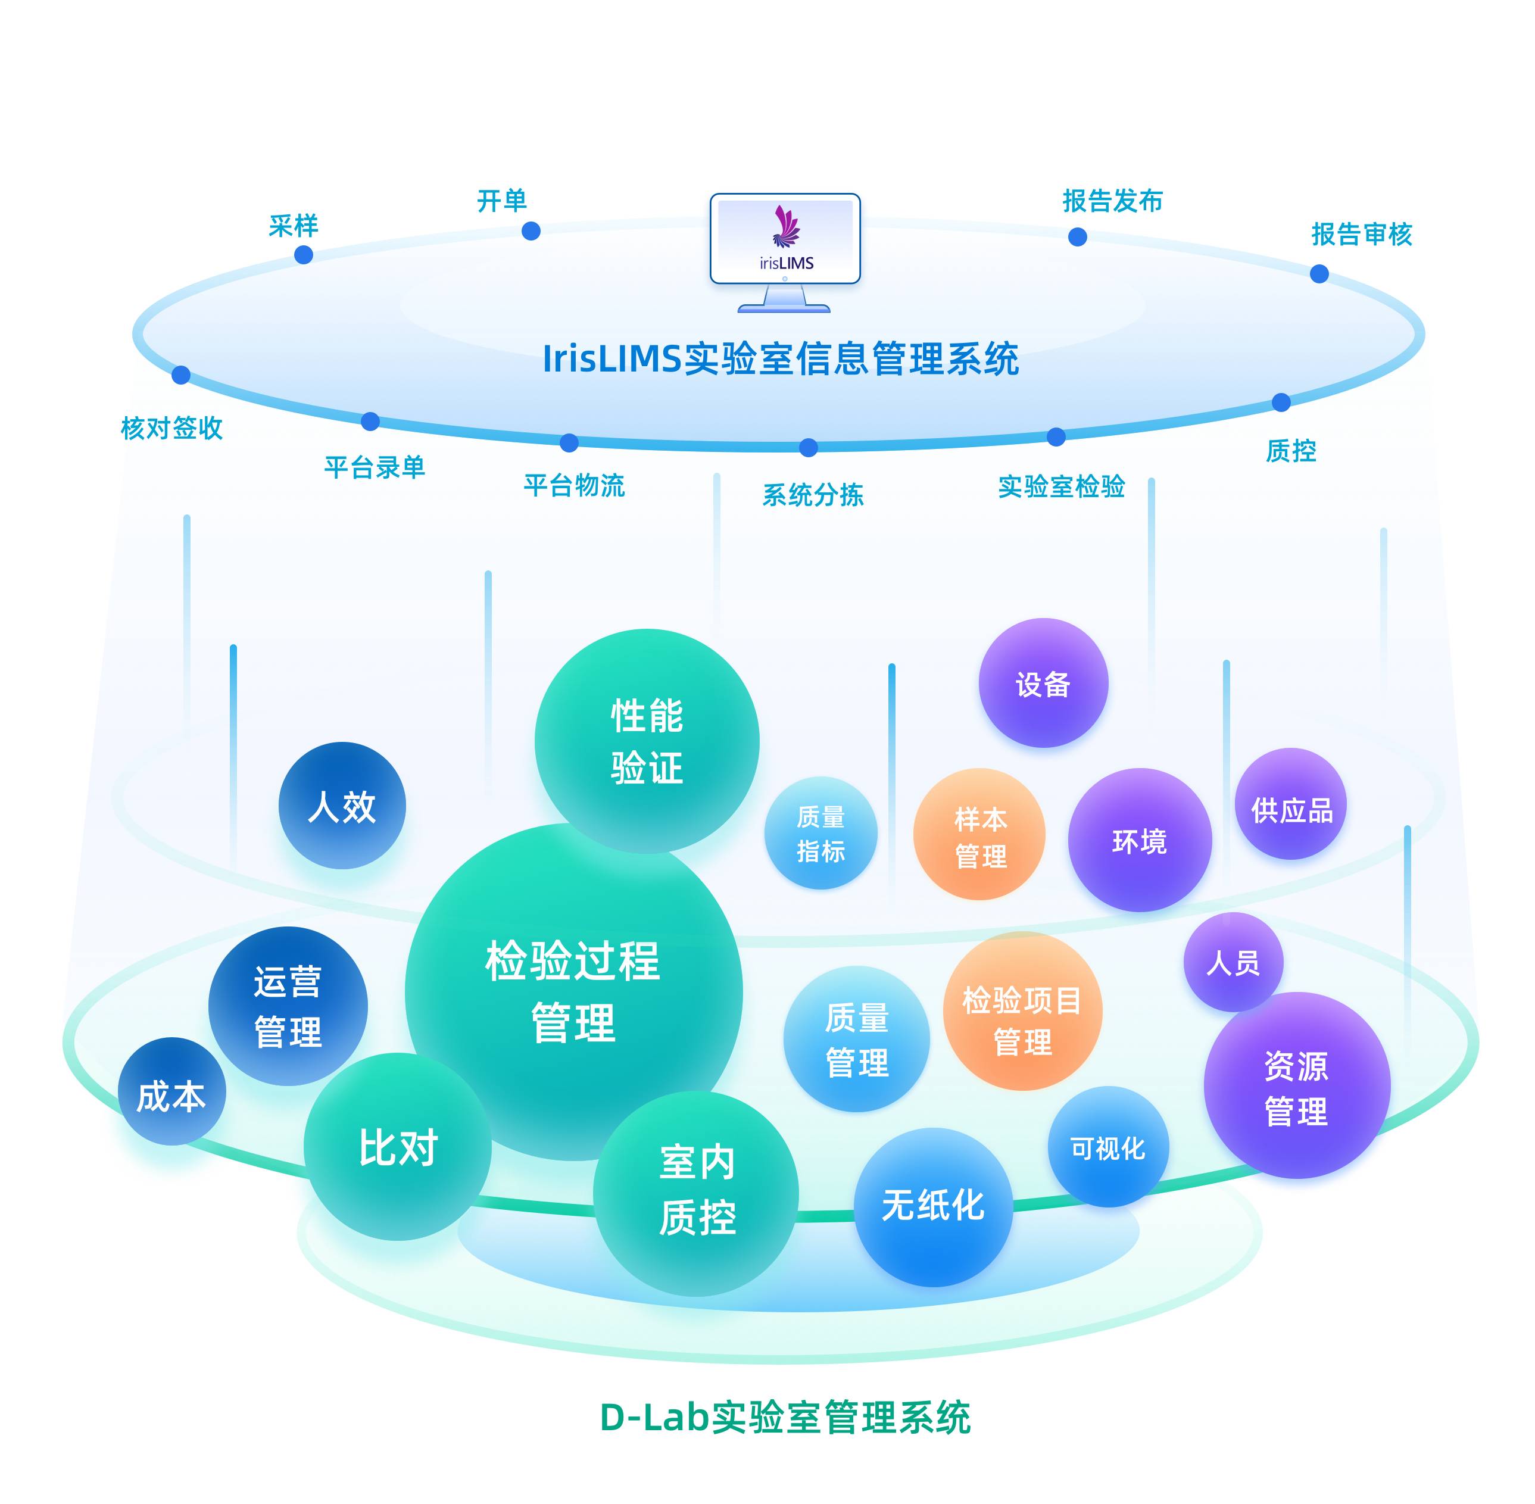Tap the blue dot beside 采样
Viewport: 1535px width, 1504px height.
click(x=303, y=255)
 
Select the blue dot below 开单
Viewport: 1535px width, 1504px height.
click(x=531, y=230)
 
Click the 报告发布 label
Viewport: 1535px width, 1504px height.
click(x=1112, y=201)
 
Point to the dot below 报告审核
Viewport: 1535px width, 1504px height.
click(x=1318, y=274)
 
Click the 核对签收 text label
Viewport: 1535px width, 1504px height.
click(x=171, y=428)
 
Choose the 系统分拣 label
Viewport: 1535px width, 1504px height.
click(x=812, y=495)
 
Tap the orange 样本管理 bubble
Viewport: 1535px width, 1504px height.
click(x=979, y=835)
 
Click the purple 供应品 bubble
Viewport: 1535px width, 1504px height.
click(x=1290, y=805)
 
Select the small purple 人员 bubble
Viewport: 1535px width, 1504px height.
click(x=1233, y=962)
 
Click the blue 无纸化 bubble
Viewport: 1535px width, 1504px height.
click(x=932, y=1206)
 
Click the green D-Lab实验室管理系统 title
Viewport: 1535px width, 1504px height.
click(x=785, y=1418)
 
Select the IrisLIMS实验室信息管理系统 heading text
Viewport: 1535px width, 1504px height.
click(x=780, y=360)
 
